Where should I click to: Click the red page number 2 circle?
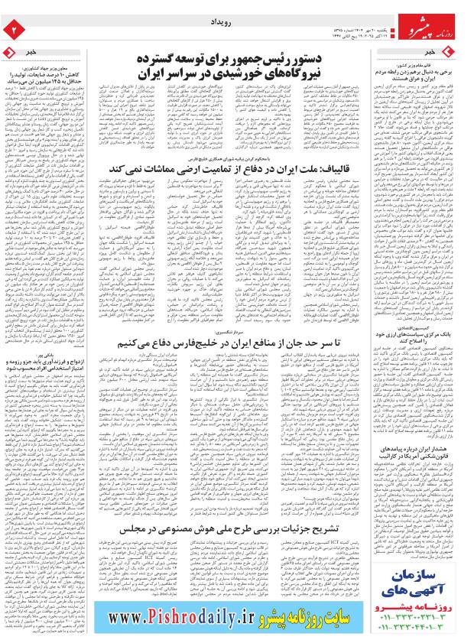[x=12, y=29]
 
